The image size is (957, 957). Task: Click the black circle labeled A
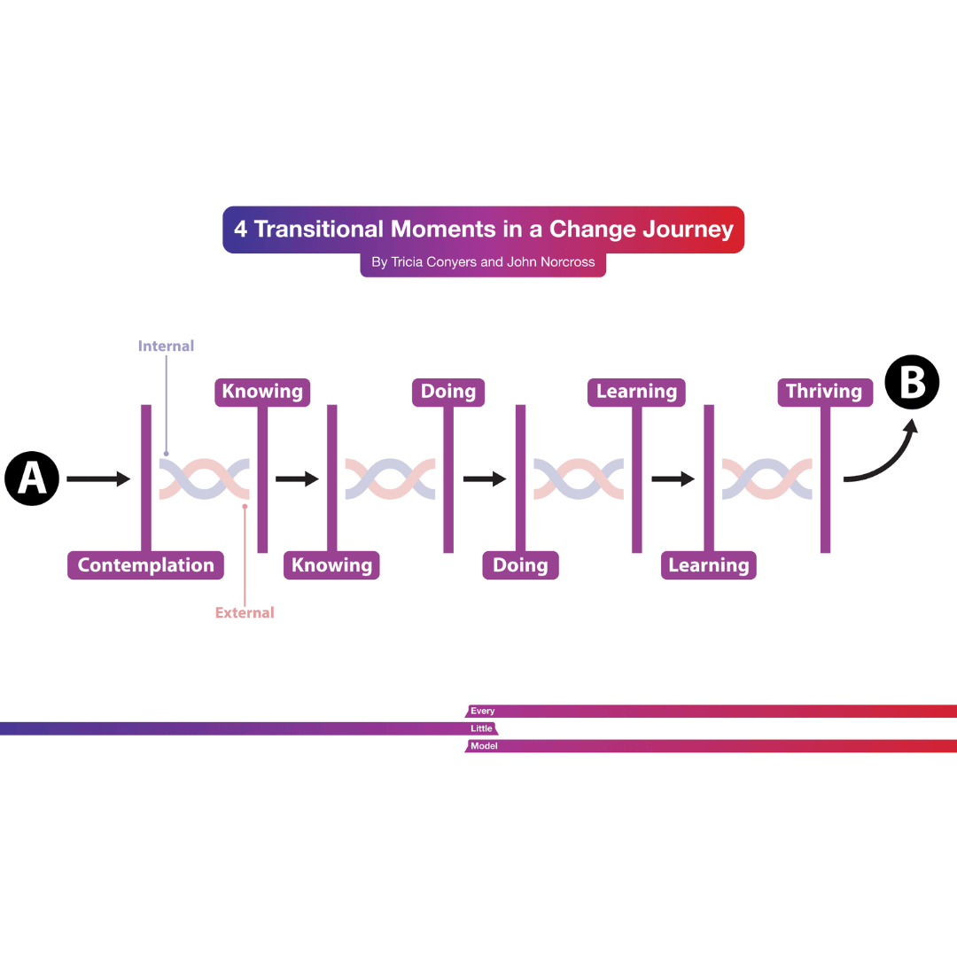(32, 478)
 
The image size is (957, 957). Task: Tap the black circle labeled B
(912, 384)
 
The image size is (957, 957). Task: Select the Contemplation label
(145, 565)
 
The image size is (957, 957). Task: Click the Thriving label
(824, 392)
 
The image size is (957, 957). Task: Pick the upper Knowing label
(262, 392)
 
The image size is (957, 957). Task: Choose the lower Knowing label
(331, 565)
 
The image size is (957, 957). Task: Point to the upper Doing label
(448, 392)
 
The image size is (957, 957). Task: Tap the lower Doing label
(520, 565)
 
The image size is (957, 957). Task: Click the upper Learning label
(636, 392)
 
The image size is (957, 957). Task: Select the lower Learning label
(709, 565)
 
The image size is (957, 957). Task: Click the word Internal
(166, 346)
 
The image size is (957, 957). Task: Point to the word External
(245, 612)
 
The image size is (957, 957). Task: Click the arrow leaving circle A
(98, 479)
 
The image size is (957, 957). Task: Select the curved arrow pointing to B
(882, 456)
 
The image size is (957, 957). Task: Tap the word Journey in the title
(689, 230)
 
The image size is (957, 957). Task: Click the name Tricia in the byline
(408, 262)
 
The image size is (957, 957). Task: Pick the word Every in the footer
(483, 711)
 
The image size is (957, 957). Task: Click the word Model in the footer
(484, 746)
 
